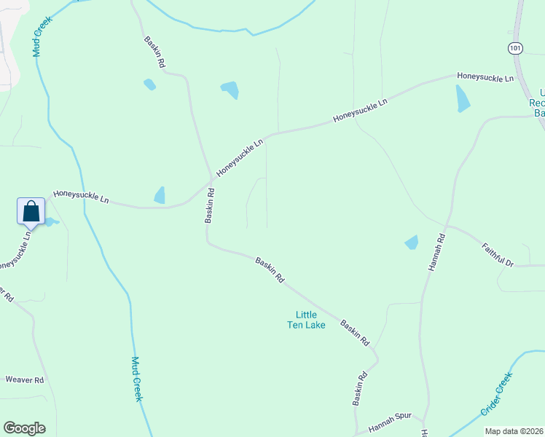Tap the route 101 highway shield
click(516, 48)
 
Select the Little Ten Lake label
click(305, 320)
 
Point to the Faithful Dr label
click(498, 253)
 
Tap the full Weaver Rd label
click(25, 379)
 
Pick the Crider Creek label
click(497, 394)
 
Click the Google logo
click(24, 428)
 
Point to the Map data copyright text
click(514, 431)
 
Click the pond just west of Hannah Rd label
click(412, 242)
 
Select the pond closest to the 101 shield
click(463, 98)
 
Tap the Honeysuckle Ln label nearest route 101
click(485, 76)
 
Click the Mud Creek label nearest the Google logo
click(136, 379)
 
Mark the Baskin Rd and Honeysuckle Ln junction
click(211, 179)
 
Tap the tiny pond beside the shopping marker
click(50, 221)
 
